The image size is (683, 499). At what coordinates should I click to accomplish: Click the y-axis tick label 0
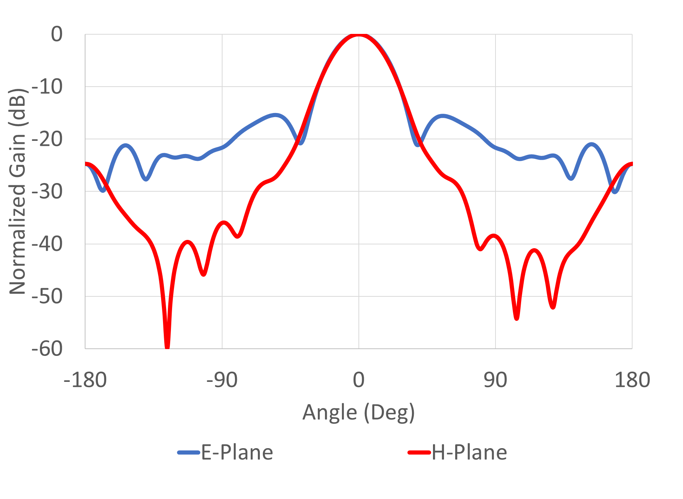[x=57, y=35]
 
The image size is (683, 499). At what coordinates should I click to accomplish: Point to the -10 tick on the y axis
[x=47, y=87]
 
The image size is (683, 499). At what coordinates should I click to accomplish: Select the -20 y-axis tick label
[x=47, y=139]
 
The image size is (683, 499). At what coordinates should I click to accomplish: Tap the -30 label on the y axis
[x=47, y=192]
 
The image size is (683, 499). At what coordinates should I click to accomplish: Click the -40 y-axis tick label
[x=47, y=244]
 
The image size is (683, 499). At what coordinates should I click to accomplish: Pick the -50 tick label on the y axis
[x=47, y=296]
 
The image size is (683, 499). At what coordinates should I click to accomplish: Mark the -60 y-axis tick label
[x=47, y=349]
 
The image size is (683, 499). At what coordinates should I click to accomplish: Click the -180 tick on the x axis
[x=85, y=380]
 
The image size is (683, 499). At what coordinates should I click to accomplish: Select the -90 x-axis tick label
[x=222, y=380]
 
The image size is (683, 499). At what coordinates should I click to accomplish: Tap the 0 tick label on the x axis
[x=358, y=380]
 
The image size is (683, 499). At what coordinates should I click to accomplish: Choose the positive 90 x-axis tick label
[x=495, y=380]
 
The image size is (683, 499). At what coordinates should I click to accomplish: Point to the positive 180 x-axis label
[x=632, y=380]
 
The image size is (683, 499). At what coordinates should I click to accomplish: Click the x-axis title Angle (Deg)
[x=358, y=412]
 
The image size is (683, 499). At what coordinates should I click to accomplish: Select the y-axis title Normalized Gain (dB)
[x=17, y=191]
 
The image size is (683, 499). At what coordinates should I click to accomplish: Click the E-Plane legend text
[x=237, y=452]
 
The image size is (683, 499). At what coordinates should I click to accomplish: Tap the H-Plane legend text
[x=469, y=452]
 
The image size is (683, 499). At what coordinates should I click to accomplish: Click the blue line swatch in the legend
[x=189, y=452]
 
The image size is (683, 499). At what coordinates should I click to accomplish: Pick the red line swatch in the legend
[x=419, y=452]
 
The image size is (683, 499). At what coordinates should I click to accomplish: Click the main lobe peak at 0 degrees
[x=358, y=35]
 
